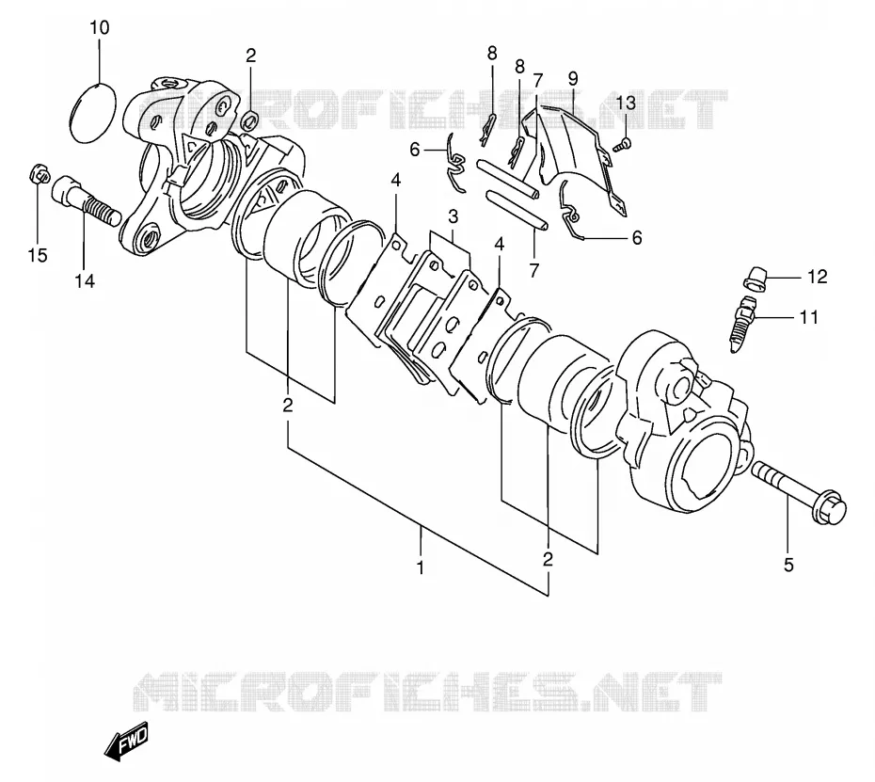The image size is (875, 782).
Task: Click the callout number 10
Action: (100, 27)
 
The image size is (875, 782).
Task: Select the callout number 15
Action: (38, 256)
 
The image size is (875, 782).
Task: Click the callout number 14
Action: (85, 281)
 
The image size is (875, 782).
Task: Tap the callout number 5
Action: (788, 566)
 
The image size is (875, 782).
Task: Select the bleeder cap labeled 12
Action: (756, 279)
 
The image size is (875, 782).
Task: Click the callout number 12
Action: (818, 277)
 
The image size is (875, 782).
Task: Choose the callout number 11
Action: (808, 317)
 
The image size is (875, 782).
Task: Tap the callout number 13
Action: (626, 103)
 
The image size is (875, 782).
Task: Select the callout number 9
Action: (573, 78)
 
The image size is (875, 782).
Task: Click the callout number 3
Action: (453, 216)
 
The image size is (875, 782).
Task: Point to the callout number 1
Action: (421, 567)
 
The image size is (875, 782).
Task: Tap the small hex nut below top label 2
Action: (250, 119)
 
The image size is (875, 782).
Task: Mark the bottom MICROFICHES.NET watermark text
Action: (427, 693)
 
